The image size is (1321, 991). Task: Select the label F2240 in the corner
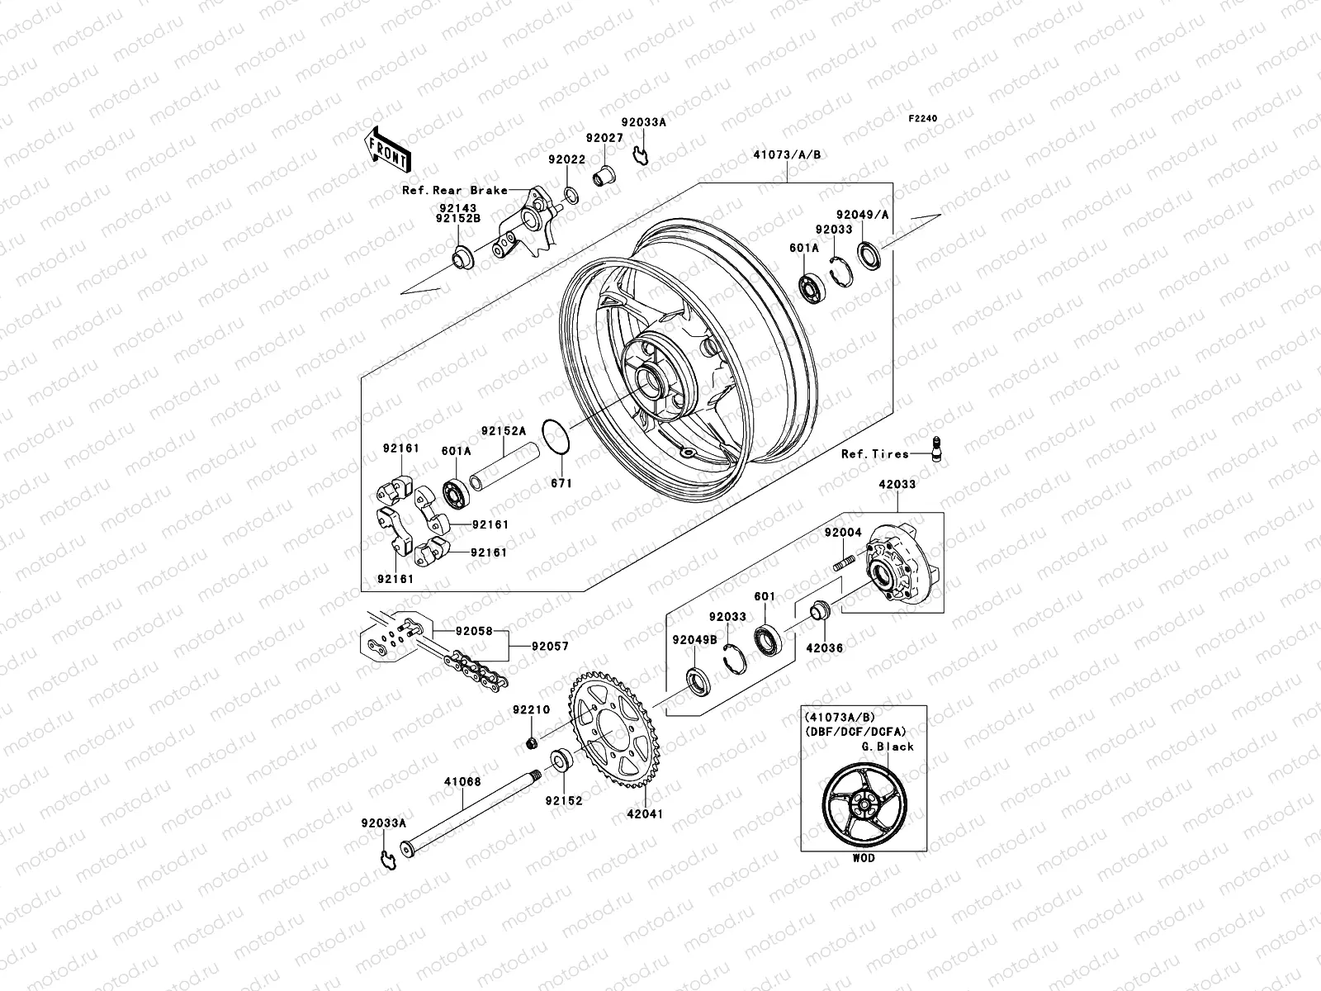click(x=924, y=119)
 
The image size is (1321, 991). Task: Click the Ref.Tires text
click(x=874, y=453)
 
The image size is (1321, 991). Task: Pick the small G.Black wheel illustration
click(x=864, y=801)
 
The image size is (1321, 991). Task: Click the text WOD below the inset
click(x=864, y=858)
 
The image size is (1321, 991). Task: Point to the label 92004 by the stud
click(x=842, y=533)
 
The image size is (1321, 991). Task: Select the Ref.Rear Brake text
click(x=454, y=190)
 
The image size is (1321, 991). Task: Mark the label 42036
click(x=824, y=648)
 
